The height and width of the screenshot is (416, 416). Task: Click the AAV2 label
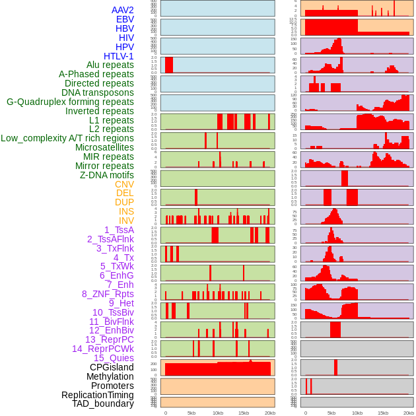[122, 10]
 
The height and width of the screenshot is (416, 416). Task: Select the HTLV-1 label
[118, 56]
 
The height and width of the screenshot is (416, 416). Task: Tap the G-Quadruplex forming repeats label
[70, 102]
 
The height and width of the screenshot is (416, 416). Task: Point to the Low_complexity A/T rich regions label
[67, 138]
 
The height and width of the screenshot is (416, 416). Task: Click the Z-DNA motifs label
[106, 175]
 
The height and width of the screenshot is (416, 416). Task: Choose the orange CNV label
[124, 184]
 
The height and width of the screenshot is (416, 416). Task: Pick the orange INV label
[126, 221]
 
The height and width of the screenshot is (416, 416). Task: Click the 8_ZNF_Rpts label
[108, 294]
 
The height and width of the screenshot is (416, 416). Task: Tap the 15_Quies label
[114, 358]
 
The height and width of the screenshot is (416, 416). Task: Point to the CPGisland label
[112, 367]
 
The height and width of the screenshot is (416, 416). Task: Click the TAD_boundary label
[102, 403]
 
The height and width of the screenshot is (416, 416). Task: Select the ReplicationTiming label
[98, 395]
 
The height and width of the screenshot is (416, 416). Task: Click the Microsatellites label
[104, 147]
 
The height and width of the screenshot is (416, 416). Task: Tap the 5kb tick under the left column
[191, 413]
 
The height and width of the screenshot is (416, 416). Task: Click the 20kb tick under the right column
[409, 413]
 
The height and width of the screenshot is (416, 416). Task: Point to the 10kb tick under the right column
[357, 413]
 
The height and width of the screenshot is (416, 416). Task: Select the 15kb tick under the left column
[244, 413]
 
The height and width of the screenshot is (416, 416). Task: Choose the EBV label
[125, 19]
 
